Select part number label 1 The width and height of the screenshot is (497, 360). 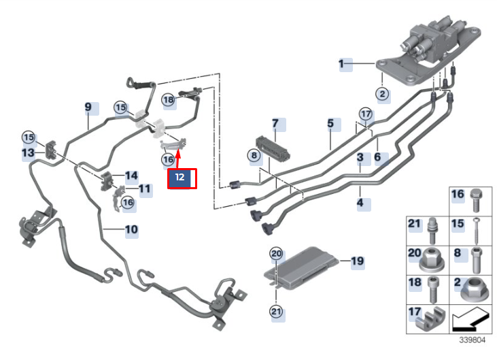(343, 65)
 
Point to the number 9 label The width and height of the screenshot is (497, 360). (88, 108)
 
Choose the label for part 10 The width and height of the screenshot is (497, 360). (131, 230)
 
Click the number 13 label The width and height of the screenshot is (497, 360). (27, 154)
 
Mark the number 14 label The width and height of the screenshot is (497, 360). (131, 176)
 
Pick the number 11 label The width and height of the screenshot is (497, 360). (145, 189)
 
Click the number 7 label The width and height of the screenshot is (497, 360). (275, 124)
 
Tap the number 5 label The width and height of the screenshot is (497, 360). (330, 124)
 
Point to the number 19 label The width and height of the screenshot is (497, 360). (357, 261)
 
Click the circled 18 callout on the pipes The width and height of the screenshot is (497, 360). (169, 99)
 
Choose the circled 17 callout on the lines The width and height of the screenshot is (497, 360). (366, 113)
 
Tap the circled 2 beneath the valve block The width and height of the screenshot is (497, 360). (383, 95)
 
